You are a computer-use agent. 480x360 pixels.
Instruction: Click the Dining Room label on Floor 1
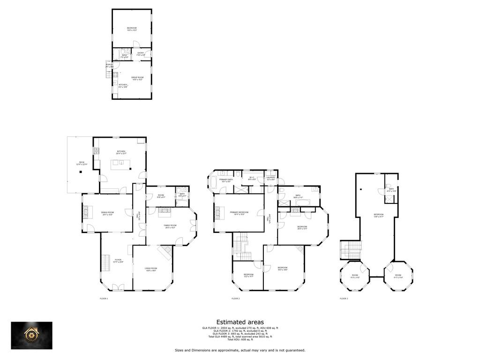coord(107,214)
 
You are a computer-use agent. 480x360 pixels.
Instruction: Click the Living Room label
coord(151,269)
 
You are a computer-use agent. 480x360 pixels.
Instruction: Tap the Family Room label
coord(170,226)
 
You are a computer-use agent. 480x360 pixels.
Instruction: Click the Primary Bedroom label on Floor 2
coord(239,213)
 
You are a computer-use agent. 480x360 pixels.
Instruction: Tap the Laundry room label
coord(270,178)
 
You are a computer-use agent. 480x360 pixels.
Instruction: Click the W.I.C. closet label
coord(252,178)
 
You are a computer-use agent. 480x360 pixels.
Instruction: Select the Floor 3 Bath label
coord(391,189)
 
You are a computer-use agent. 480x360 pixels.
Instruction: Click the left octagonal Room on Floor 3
coord(355,277)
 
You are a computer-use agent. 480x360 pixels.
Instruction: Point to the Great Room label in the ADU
coord(137,78)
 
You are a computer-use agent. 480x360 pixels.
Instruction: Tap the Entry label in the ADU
coord(141,54)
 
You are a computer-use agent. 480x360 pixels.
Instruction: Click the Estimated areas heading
coord(240,322)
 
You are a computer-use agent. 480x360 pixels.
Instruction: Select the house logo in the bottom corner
coord(32,336)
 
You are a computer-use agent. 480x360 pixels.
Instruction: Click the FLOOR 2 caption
coord(236,299)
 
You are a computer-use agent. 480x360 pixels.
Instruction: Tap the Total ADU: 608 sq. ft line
coord(240,339)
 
